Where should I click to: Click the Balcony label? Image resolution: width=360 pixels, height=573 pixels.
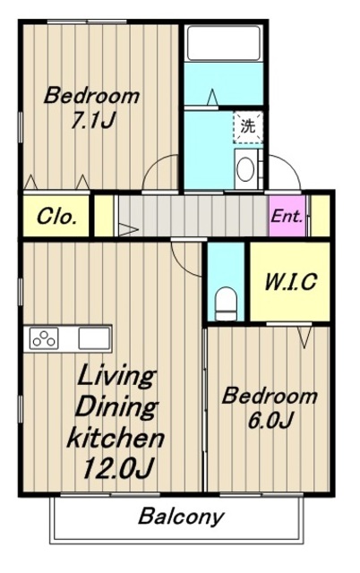(181, 517)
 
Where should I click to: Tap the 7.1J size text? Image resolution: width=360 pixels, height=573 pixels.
(93, 120)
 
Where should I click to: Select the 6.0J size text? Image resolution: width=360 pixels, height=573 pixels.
(270, 420)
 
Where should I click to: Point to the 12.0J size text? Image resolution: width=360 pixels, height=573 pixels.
(117, 467)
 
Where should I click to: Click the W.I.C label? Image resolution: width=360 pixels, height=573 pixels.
(290, 282)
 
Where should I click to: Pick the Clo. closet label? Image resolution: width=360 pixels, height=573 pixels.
(56, 217)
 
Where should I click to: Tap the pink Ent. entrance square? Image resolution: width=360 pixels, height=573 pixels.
(287, 216)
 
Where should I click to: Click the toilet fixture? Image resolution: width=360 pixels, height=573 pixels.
(225, 304)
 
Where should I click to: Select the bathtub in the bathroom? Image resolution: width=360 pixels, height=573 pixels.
(224, 43)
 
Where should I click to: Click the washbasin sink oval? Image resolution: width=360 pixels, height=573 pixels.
(244, 168)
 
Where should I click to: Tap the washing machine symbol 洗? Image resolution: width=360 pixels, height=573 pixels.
(248, 127)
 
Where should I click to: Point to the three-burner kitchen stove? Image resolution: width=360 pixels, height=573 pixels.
(44, 338)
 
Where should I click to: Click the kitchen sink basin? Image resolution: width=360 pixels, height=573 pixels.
(94, 338)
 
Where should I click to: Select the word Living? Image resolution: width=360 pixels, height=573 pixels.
(116, 376)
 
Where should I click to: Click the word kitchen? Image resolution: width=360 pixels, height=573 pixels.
(116, 438)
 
